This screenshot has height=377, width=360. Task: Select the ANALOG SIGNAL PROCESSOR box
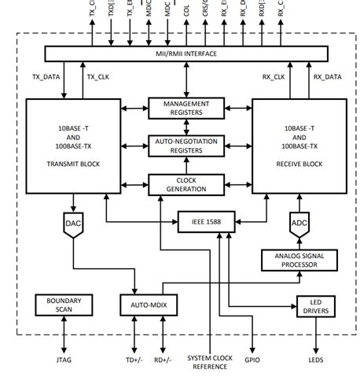point(298,261)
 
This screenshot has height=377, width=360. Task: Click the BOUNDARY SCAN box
point(64,305)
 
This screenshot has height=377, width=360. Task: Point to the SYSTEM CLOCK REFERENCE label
point(209,361)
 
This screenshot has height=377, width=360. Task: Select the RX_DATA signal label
point(328,76)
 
